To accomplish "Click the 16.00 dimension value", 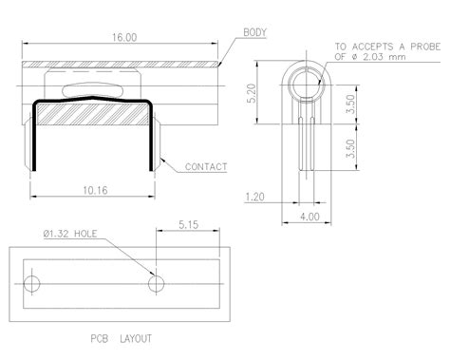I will point(123,37).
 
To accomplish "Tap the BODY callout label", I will point(255,32).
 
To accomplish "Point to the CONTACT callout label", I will point(206,167).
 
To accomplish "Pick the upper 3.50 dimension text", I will point(350,104).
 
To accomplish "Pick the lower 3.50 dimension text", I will point(350,148).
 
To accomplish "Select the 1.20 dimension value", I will point(254,199).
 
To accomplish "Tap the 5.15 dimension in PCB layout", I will point(188,226).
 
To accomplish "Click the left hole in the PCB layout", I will point(32,284).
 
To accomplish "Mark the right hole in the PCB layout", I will point(155,284).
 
